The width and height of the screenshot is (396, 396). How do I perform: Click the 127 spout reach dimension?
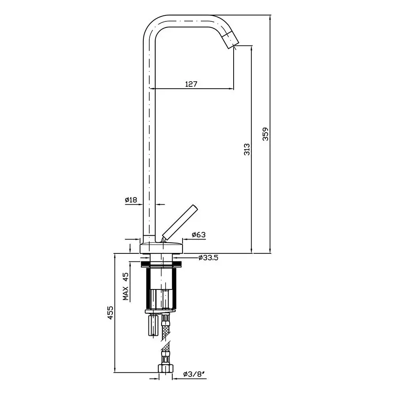191,84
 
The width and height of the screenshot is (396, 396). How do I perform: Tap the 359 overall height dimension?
265,134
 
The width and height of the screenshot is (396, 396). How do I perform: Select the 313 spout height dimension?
247,149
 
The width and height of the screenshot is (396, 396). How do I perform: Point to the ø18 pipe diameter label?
131,200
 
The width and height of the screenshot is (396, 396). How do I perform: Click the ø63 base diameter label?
199,234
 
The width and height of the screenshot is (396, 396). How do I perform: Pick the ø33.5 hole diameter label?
208,258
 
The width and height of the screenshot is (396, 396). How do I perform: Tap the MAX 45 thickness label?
126,286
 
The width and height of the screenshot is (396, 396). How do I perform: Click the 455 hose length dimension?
110,313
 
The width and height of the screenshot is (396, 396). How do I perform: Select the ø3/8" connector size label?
193,374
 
